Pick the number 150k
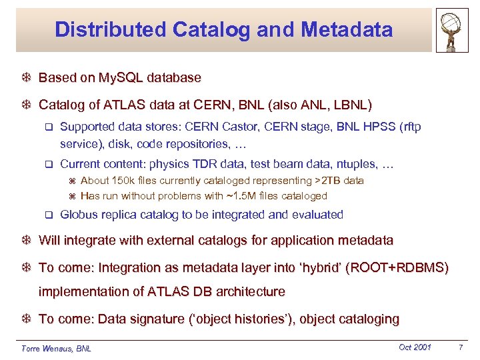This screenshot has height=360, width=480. [127, 181]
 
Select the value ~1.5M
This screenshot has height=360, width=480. [227, 196]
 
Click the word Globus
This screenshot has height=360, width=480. [79, 215]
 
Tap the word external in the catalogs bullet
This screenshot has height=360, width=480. [159, 240]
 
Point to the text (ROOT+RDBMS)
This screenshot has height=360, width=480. [397, 267]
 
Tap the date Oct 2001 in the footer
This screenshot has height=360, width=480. [415, 347]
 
